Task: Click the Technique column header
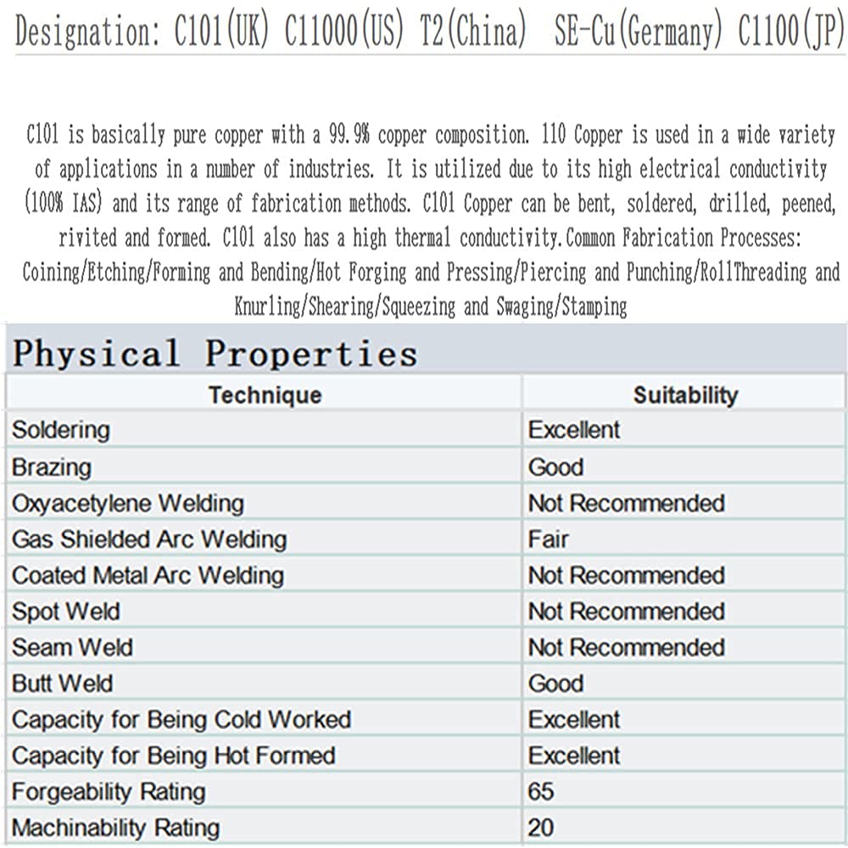tap(265, 395)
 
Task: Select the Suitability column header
tap(685, 395)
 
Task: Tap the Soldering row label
tap(61, 430)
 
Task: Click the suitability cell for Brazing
tap(556, 467)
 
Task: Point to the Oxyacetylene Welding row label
tap(128, 504)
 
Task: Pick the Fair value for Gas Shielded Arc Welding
tap(549, 539)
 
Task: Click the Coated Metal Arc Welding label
tap(148, 576)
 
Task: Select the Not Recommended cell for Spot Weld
tap(627, 611)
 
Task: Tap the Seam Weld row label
tap(72, 648)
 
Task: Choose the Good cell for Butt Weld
tap(556, 683)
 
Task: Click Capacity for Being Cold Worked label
tap(181, 720)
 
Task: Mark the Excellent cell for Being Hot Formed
tap(575, 756)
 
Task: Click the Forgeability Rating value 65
tap(541, 792)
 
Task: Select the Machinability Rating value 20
tap(541, 828)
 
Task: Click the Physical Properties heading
tap(215, 354)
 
